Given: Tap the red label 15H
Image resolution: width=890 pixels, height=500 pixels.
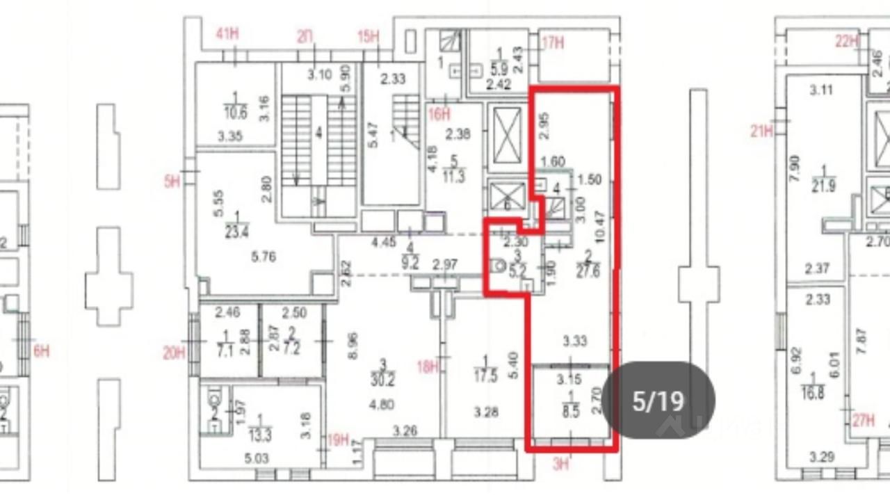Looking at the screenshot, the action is click(x=369, y=36).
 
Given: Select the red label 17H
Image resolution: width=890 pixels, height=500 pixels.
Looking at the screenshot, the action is click(x=553, y=43).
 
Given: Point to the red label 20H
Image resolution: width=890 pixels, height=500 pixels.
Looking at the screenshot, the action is click(x=174, y=353).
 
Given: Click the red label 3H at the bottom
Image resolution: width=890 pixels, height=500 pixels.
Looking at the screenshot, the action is click(x=560, y=465).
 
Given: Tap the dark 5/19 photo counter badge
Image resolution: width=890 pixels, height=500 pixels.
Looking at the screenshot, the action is click(x=658, y=401).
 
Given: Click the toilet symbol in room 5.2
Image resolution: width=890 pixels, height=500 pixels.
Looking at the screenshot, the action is click(x=497, y=266).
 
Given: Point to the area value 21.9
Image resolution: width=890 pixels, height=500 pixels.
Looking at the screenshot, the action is click(x=823, y=187).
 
